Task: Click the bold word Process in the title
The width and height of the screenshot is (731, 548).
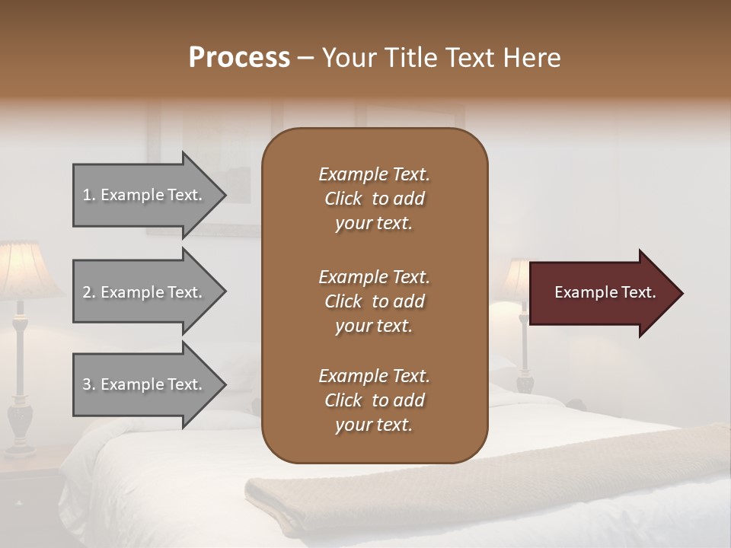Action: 239,58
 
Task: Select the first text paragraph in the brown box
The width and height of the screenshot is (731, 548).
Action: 374,199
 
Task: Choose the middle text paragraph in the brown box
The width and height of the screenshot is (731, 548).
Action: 374,301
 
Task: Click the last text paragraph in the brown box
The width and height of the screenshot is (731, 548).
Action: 374,400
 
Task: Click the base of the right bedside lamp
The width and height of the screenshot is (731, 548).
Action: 525,377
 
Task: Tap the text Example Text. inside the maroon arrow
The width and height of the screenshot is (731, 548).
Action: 605,292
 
